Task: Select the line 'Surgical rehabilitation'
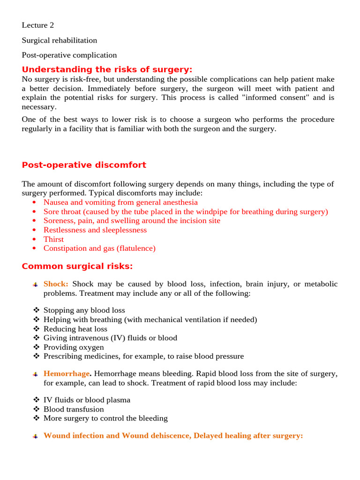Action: [60, 40]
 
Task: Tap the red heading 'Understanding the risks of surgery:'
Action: [107, 69]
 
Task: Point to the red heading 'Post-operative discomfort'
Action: [84, 165]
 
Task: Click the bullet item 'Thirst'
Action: [53, 239]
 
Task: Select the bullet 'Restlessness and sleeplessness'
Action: [95, 230]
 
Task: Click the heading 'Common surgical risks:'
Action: [77, 266]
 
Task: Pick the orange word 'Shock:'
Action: [56, 284]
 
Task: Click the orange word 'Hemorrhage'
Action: [66, 374]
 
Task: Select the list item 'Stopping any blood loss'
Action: [84, 310]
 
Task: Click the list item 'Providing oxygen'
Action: [74, 347]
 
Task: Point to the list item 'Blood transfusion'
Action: [74, 409]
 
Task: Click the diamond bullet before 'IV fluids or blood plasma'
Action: [36, 400]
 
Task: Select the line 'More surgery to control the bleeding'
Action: [105, 418]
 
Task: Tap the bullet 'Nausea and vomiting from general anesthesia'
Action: [120, 202]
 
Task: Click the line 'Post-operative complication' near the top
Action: [69, 55]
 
